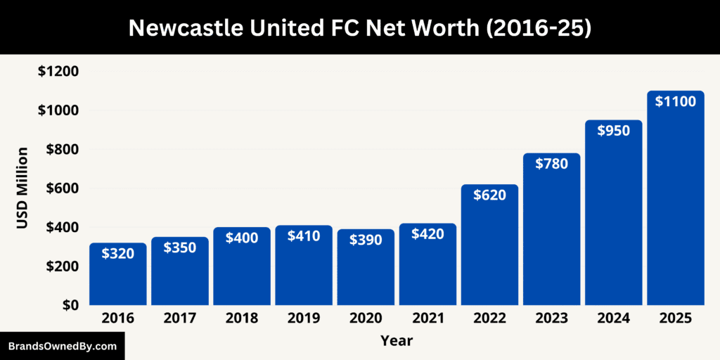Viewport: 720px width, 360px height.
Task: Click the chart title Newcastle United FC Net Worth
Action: pos(360,27)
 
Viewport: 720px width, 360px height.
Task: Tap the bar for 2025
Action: pos(676,211)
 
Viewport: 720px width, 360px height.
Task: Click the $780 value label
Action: pos(551,164)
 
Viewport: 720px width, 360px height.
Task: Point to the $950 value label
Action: pos(613,131)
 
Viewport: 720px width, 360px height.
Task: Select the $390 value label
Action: pos(366,240)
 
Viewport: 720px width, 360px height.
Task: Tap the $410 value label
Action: pos(304,236)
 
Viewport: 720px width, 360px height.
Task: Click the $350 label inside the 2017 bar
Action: pos(180,247)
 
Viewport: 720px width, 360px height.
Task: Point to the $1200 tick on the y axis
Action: pos(58,72)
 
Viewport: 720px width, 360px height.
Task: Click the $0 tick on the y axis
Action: pos(69,305)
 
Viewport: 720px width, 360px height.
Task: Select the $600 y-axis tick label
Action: pos(62,188)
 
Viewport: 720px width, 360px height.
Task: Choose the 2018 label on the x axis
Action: pos(242,319)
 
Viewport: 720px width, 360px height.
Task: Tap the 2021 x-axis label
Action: pos(427,319)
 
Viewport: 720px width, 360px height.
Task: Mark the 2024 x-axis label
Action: pos(613,319)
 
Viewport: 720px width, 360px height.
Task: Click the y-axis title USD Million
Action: pos(22,188)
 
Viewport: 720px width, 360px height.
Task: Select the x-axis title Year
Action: pos(397,341)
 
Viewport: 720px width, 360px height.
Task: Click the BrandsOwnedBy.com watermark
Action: pos(62,347)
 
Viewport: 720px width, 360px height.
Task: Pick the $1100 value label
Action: pos(676,101)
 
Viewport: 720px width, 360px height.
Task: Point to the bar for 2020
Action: pos(366,278)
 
